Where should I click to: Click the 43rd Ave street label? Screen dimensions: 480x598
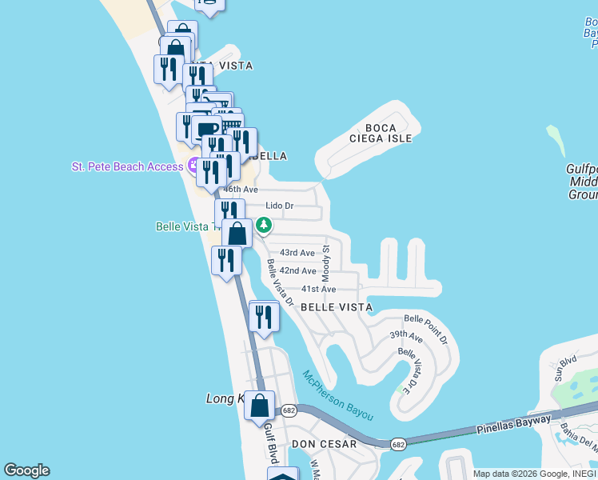(297, 253)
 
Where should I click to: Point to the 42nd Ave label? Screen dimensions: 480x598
(297, 271)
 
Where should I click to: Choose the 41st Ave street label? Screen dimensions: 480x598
(318, 289)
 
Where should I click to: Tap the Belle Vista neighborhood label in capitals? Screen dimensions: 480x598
(337, 307)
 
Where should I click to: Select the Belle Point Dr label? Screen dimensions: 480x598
(426, 330)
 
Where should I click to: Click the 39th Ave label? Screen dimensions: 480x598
(405, 335)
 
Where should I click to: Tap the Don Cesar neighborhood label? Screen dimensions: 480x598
(320, 443)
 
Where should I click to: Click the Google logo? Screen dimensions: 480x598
(27, 470)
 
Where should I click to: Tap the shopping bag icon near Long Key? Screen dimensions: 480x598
(260, 406)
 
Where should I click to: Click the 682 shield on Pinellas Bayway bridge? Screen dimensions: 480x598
(397, 443)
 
